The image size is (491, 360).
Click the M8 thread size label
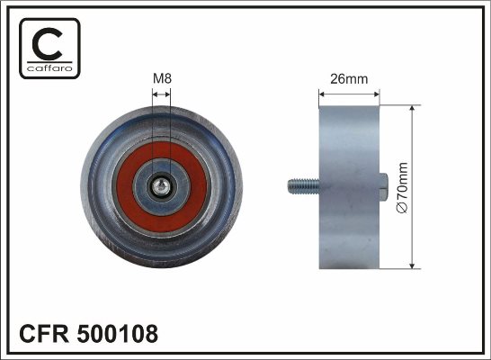[162, 78]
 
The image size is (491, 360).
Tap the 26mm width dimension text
[349, 79]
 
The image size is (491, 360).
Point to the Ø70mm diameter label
[402, 188]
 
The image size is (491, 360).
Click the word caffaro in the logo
[49, 68]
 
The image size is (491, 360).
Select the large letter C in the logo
[47, 44]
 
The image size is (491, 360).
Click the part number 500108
[118, 334]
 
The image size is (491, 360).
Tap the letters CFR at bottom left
[44, 334]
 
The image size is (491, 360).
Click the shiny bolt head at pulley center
[161, 187]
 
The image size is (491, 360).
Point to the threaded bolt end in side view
[303, 186]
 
